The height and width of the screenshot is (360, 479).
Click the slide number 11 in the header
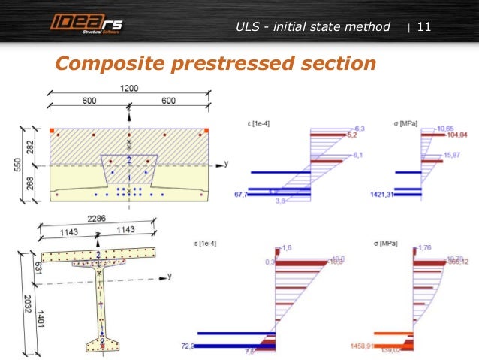pyautogui.click(x=423, y=27)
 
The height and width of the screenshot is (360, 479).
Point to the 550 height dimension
pyautogui.click(x=18, y=163)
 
